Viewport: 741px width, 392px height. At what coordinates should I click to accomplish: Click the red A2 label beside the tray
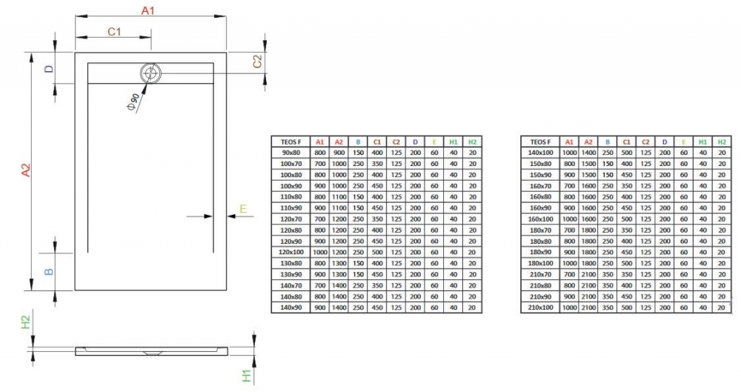(25, 173)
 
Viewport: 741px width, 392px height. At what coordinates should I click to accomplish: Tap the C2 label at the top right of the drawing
(258, 62)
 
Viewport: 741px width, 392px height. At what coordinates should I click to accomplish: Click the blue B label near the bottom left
(49, 271)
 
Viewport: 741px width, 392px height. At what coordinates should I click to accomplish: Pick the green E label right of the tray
(242, 210)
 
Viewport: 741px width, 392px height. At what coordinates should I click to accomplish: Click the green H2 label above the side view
(25, 322)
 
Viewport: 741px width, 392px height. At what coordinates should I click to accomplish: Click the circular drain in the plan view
(150, 73)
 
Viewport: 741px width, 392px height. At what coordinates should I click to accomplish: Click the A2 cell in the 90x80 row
(339, 152)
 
